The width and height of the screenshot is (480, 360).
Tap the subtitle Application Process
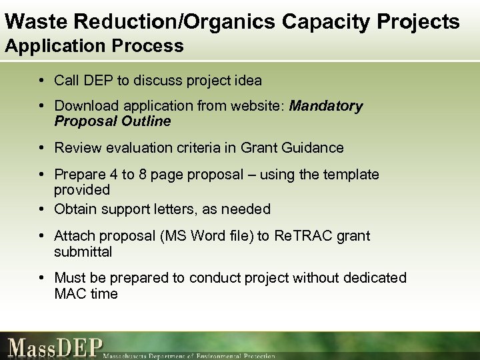(x=94, y=46)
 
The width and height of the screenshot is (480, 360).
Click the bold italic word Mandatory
(x=327, y=107)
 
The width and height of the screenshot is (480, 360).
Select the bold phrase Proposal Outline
(x=113, y=121)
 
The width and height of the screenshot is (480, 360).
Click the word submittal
(x=83, y=252)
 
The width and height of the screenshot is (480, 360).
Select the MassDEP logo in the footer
(x=57, y=348)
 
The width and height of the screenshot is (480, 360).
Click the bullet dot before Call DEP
(x=42, y=81)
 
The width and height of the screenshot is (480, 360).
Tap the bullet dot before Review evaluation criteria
(x=42, y=148)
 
